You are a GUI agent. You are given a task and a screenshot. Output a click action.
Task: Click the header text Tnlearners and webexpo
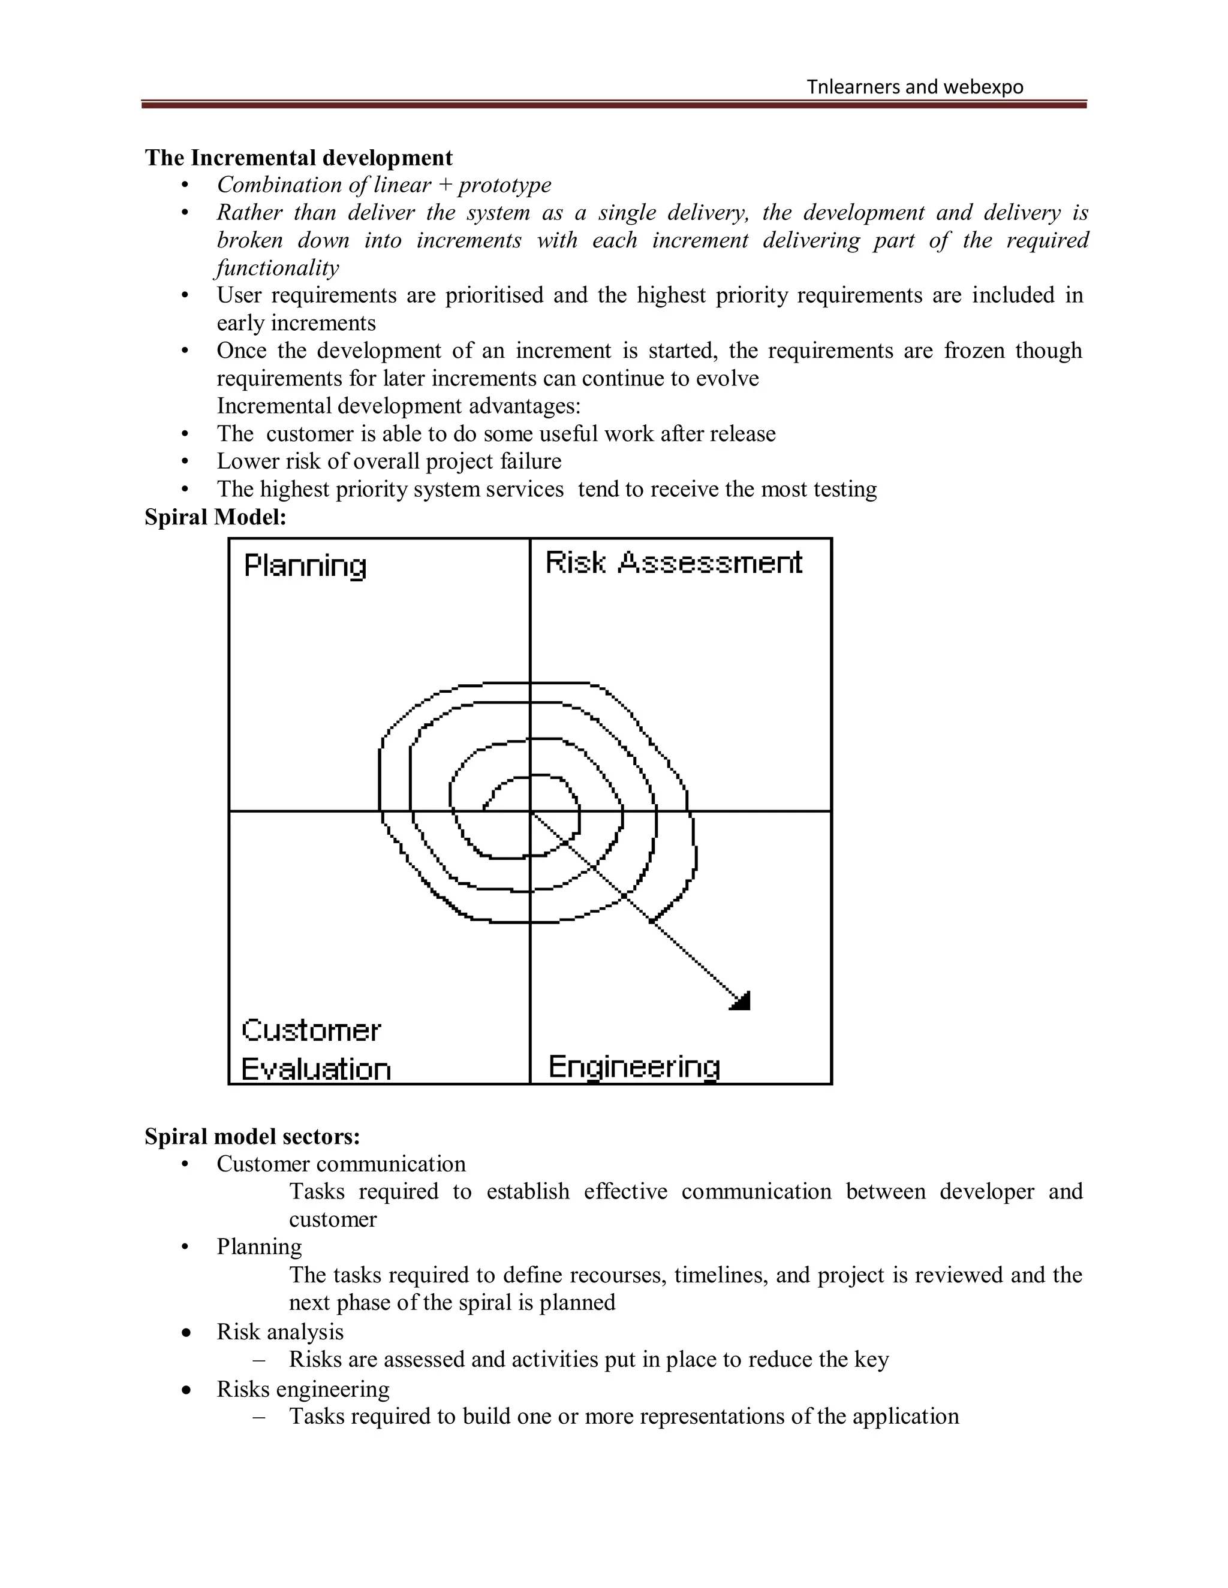(x=914, y=87)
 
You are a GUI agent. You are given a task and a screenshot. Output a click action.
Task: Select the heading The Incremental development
(x=298, y=158)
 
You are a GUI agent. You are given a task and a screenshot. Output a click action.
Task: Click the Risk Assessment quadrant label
(x=673, y=563)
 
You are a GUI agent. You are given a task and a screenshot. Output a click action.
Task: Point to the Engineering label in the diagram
(x=634, y=1067)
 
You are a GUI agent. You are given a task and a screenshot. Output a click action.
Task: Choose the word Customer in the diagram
(x=311, y=1030)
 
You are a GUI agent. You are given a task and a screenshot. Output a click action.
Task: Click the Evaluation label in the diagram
(x=316, y=1070)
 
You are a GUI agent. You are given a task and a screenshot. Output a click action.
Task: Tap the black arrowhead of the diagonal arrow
(x=741, y=1002)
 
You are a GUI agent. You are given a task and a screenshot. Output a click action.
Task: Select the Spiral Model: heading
(x=215, y=517)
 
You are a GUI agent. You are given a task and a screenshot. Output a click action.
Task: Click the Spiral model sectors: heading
(x=252, y=1136)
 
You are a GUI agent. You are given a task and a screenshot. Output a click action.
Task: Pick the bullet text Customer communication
(x=341, y=1163)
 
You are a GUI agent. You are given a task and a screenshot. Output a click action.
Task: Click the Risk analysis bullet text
(x=280, y=1332)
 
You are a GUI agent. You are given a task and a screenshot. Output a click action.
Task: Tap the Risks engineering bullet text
(x=303, y=1389)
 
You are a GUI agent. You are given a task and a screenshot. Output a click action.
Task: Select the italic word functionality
(x=277, y=268)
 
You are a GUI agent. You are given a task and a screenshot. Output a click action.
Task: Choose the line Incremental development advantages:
(x=399, y=406)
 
